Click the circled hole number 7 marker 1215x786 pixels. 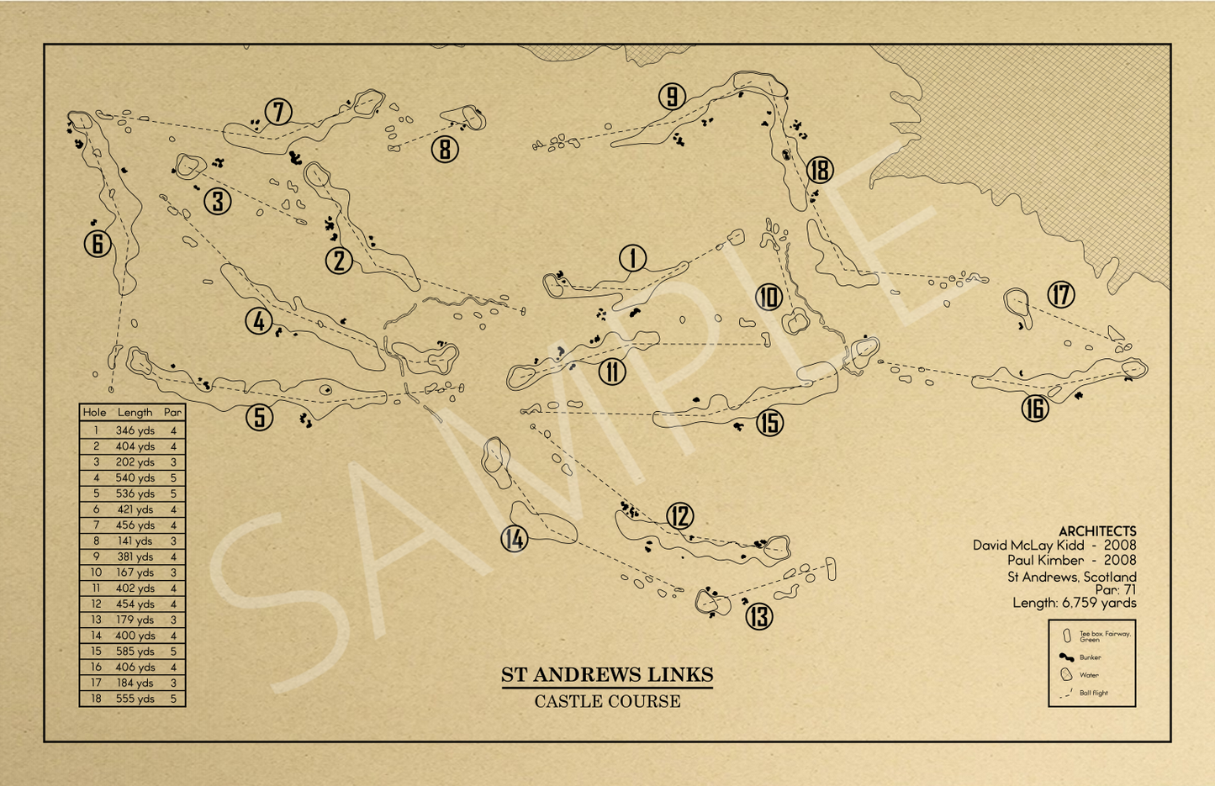click(278, 111)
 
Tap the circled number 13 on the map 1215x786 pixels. click(759, 617)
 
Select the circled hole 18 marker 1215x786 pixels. click(819, 170)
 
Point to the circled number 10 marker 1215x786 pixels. click(769, 297)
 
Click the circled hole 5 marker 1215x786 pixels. click(260, 417)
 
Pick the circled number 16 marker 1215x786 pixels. click(1035, 409)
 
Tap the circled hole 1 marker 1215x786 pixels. click(632, 259)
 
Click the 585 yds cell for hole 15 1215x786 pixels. click(135, 651)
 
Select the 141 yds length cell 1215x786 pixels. click(135, 541)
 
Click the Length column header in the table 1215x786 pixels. click(135, 413)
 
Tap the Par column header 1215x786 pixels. click(173, 413)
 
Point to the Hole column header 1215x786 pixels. click(94, 413)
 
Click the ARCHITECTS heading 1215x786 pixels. click(1097, 531)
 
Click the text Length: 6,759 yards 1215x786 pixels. click(1074, 603)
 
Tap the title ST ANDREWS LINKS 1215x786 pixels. click(607, 675)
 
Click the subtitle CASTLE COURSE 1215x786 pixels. click(607, 701)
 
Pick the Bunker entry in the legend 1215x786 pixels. click(1090, 657)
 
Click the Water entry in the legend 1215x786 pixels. click(1089, 675)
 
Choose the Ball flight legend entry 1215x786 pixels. click(1093, 693)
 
